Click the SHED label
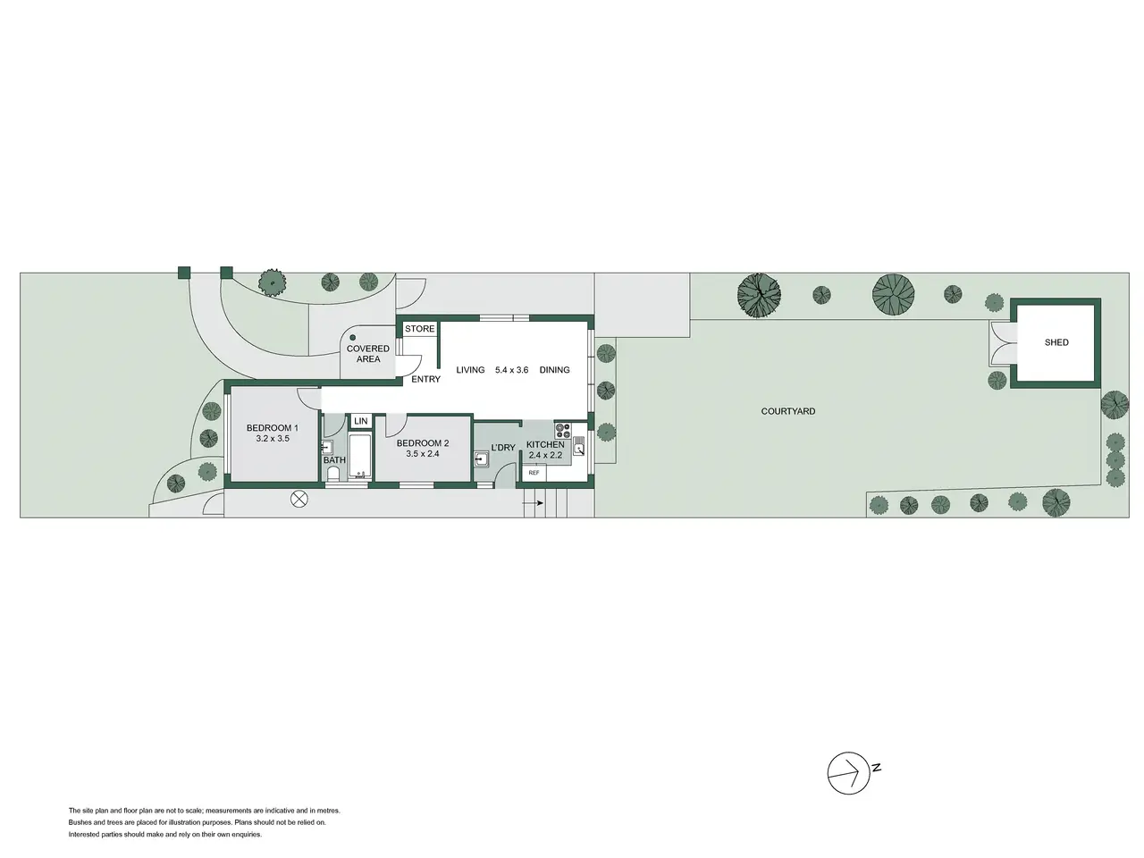tap(1056, 342)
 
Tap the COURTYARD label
tap(787, 411)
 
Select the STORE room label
tap(419, 329)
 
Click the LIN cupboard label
tap(361, 421)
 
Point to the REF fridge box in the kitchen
tap(534, 473)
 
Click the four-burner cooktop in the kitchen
tap(562, 430)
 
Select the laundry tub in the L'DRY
tap(481, 459)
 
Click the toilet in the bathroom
tap(333, 474)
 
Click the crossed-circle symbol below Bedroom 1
tap(299, 499)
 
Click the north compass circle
tap(848, 773)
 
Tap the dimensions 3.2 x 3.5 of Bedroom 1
tap(272, 439)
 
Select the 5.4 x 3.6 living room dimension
tap(511, 370)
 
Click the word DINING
tap(554, 370)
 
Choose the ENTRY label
tap(425, 379)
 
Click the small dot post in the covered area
tap(352, 338)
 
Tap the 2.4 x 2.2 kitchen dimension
tap(545, 455)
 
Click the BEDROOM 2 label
tap(422, 443)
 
